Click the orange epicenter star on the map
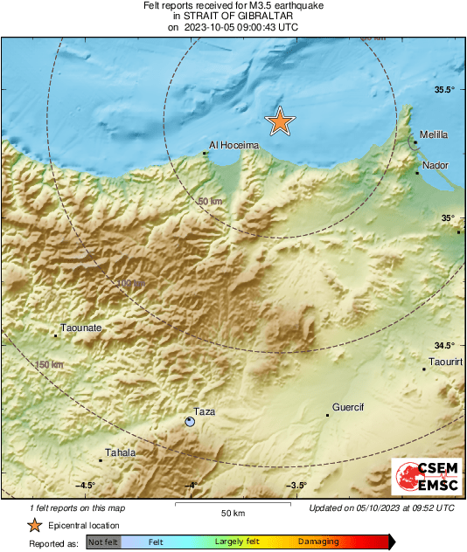click(279, 121)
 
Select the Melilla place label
click(434, 135)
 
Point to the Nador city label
click(435, 164)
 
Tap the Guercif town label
click(347, 407)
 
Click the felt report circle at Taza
click(190, 422)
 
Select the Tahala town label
click(120, 452)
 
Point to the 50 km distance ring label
click(210, 202)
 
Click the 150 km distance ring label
click(49, 364)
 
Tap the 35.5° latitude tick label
click(446, 90)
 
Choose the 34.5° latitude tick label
click(446, 345)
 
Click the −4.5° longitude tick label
click(85, 486)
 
